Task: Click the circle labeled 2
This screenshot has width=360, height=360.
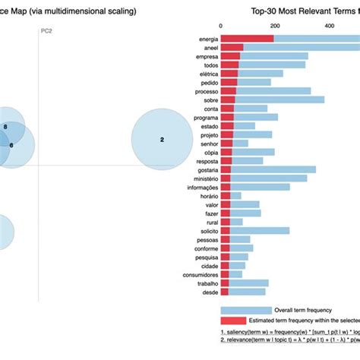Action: click(162, 140)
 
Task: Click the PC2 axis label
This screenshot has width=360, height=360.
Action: click(46, 31)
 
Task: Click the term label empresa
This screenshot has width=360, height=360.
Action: click(204, 56)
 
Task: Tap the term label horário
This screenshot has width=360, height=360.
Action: click(205, 196)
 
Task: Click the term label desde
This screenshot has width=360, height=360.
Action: click(207, 292)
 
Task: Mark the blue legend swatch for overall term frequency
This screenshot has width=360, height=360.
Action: click(246, 310)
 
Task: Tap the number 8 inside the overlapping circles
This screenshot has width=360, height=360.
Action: click(6, 126)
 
